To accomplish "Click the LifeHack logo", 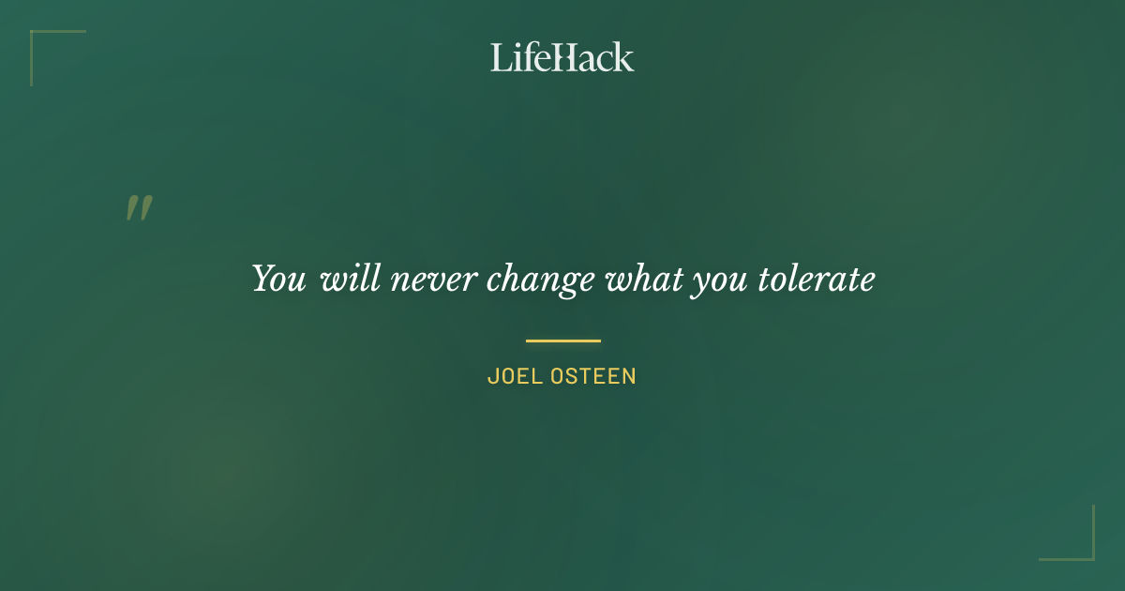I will click(x=562, y=57).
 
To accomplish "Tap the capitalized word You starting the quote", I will click(x=278, y=279).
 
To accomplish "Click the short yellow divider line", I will click(x=562, y=341).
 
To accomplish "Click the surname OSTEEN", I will click(x=593, y=376).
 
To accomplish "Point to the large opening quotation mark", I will click(x=139, y=207).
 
